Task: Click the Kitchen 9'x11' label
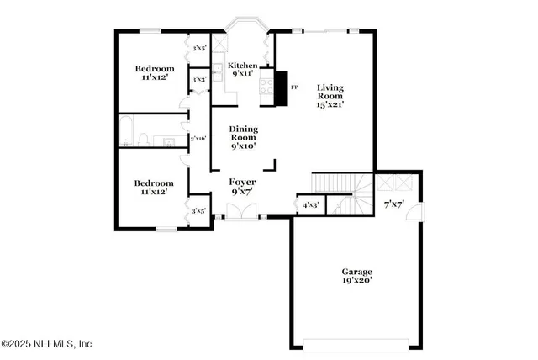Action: click(x=243, y=69)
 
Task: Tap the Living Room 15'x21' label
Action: click(x=331, y=96)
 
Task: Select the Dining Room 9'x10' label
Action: click(x=243, y=136)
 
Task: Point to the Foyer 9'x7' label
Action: click(x=243, y=187)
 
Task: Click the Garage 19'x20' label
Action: click(x=356, y=277)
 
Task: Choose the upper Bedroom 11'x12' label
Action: click(x=155, y=73)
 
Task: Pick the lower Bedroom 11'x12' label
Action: click(x=154, y=187)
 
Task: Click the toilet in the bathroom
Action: click(x=145, y=139)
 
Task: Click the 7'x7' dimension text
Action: click(x=394, y=204)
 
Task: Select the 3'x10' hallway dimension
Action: click(x=198, y=138)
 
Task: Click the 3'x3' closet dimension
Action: click(x=199, y=80)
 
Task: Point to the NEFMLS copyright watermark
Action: click(x=46, y=343)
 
